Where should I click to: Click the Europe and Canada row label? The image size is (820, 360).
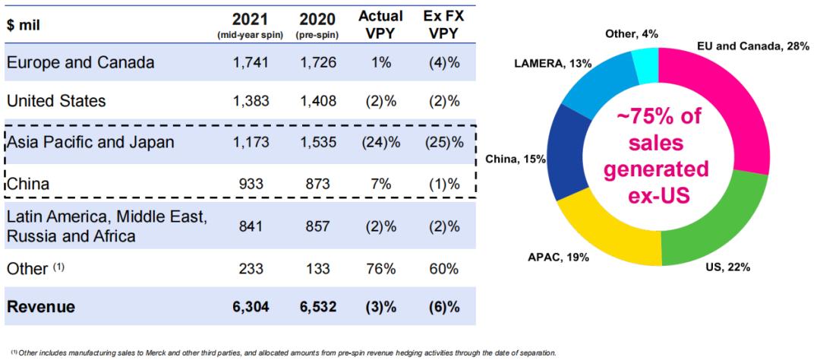[x=80, y=63]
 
